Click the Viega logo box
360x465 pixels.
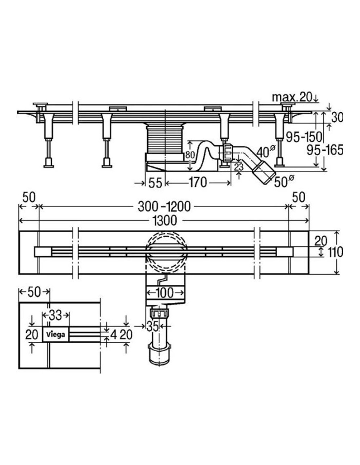click(x=55, y=334)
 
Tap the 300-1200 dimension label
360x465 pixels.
click(x=164, y=206)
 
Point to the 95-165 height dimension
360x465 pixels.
click(x=325, y=150)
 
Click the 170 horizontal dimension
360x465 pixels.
click(x=198, y=182)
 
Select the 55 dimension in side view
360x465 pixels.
click(x=155, y=182)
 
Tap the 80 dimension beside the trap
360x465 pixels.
click(x=190, y=155)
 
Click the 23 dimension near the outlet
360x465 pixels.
click(x=239, y=167)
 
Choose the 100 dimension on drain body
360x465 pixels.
click(x=164, y=292)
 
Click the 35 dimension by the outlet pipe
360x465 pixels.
click(x=153, y=326)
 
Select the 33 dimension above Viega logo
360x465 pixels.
click(x=55, y=315)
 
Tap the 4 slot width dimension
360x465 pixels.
click(x=114, y=334)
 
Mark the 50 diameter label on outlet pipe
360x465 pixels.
click(x=283, y=181)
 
